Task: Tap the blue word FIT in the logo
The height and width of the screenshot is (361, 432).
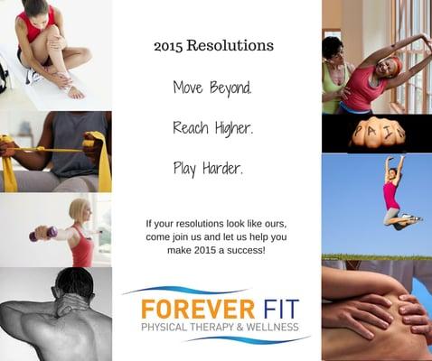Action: click(268, 307)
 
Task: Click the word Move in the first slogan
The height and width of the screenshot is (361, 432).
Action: click(188, 88)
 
